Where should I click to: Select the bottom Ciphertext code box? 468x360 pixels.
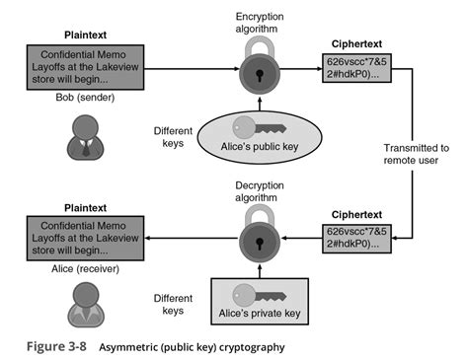[x=351, y=237]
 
